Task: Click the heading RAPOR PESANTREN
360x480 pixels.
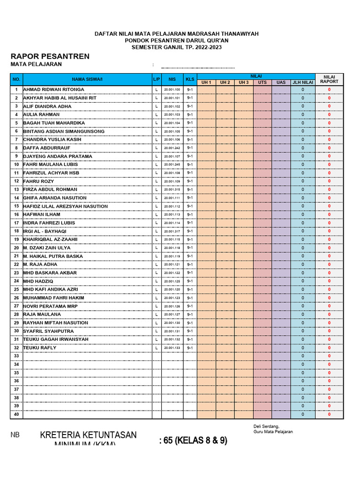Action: click(50, 56)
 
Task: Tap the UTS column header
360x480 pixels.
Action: click(262, 82)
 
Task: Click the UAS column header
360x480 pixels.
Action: click(281, 82)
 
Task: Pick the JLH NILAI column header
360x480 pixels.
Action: click(303, 82)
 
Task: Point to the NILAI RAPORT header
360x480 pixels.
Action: click(329, 79)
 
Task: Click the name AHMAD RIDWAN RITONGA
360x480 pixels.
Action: click(54, 90)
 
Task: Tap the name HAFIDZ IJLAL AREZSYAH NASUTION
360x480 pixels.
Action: click(66, 206)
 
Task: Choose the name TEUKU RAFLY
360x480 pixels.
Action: click(40, 348)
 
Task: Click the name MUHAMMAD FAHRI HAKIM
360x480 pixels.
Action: click(54, 298)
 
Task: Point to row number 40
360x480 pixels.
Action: click(16, 414)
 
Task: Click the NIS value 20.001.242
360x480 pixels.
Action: click(172, 148)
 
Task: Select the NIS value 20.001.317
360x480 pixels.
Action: click(172, 232)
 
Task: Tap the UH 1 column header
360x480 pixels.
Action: click(207, 82)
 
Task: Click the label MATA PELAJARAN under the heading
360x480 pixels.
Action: click(36, 65)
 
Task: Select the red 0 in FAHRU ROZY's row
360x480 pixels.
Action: click(329, 181)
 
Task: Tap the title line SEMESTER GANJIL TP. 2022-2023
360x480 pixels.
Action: click(176, 47)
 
